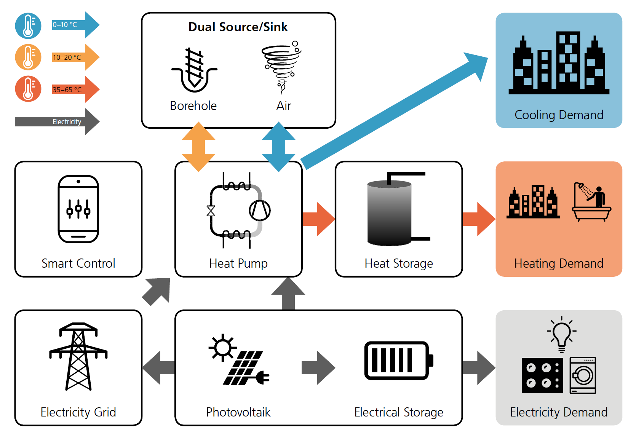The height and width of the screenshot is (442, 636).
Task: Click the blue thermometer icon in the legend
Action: [28, 26]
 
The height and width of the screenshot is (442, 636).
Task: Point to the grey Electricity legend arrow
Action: [57, 122]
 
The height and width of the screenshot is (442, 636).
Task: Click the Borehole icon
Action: [194, 70]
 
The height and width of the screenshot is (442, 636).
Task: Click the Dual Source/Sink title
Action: [238, 27]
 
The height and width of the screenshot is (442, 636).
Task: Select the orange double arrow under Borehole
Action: [198, 147]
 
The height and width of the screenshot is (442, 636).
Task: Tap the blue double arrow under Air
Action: [279, 147]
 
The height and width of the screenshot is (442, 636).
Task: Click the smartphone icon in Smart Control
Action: [78, 209]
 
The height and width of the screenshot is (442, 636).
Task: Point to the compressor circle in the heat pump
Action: [260, 210]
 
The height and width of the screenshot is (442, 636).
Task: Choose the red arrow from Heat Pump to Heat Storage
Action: [318, 219]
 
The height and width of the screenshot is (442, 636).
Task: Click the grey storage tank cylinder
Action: [389, 213]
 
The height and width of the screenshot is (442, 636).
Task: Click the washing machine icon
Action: [583, 375]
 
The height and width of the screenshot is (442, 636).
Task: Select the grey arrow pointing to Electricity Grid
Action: [158, 368]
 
